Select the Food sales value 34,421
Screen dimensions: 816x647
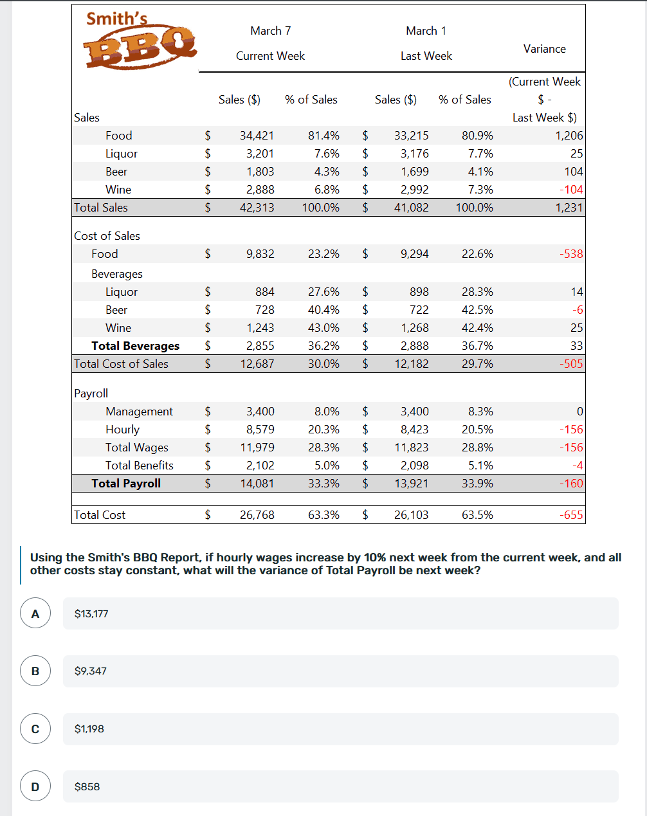click(257, 136)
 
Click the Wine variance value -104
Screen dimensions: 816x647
click(571, 190)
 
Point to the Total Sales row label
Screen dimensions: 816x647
click(101, 208)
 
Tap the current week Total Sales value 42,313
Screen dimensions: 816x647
click(257, 208)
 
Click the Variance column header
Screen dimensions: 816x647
click(544, 49)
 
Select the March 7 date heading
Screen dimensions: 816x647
click(271, 31)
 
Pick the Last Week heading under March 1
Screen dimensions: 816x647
click(426, 56)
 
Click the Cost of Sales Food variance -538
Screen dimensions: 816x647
click(571, 254)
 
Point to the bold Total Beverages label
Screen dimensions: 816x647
click(135, 346)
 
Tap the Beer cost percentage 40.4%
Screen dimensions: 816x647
click(323, 310)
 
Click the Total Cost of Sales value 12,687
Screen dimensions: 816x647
click(257, 364)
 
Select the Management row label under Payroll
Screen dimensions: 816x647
click(139, 412)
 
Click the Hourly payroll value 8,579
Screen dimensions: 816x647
click(260, 430)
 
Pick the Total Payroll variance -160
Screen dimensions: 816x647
click(571, 484)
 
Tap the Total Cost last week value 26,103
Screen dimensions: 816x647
click(411, 515)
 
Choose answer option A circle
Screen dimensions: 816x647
click(35, 613)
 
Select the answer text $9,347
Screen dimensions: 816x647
click(91, 671)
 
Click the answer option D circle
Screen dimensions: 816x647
click(35, 786)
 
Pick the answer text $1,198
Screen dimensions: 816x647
click(89, 729)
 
